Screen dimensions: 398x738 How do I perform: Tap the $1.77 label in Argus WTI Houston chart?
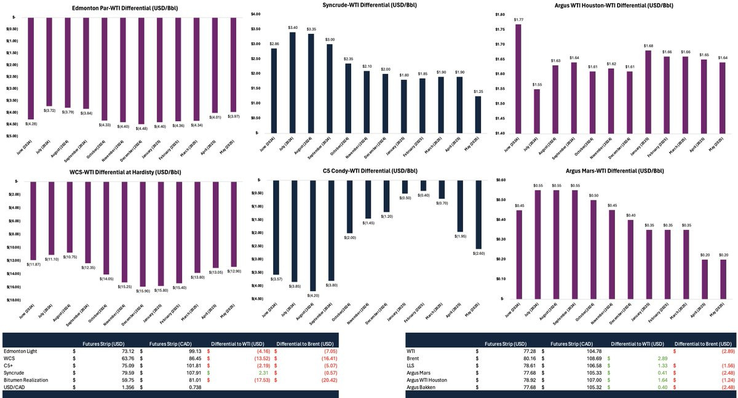518,20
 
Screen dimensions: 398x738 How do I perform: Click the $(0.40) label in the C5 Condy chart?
423,195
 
